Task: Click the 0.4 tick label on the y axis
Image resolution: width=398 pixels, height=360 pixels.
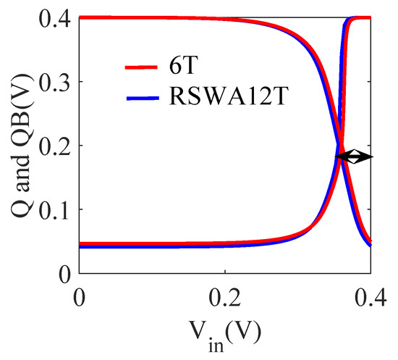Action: pyautogui.click(x=54, y=19)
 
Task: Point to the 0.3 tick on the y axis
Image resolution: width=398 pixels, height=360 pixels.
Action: pyautogui.click(x=54, y=82)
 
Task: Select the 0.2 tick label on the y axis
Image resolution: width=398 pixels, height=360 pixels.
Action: pyautogui.click(x=54, y=146)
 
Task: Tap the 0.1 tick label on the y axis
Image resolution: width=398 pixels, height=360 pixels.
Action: pyautogui.click(x=54, y=209)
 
